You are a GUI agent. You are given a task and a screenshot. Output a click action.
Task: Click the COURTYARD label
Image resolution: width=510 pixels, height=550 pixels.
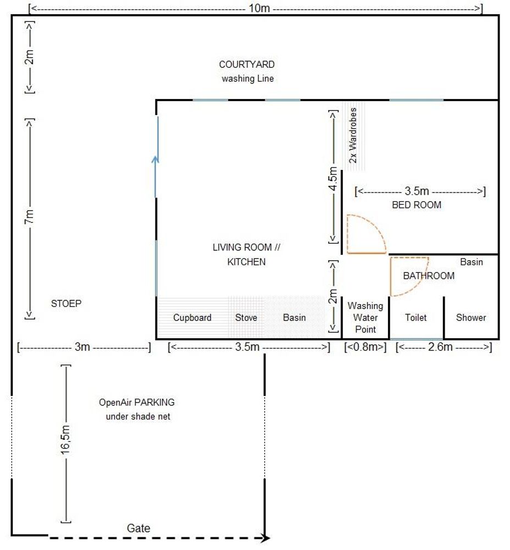click(247, 64)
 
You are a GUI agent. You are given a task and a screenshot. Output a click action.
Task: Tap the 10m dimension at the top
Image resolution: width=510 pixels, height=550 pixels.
click(259, 8)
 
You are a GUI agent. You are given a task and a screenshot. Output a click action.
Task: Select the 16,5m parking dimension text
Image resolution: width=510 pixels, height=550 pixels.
click(65, 440)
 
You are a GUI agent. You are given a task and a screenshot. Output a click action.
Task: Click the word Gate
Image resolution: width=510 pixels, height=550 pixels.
click(138, 528)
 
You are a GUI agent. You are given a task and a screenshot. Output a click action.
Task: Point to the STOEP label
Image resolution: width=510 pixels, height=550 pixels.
click(66, 304)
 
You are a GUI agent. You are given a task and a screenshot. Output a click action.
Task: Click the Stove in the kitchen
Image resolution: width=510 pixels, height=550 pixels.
click(246, 317)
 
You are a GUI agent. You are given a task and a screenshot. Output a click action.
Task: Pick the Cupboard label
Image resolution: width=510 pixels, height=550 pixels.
click(192, 318)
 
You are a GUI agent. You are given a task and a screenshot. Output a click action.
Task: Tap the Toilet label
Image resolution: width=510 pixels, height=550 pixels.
click(415, 317)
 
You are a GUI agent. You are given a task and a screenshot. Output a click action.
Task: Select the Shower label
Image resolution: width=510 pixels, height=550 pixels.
click(471, 317)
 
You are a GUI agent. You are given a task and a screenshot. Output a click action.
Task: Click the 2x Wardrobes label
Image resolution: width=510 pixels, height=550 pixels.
click(353, 135)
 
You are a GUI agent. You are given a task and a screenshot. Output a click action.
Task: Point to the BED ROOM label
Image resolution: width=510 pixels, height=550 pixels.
click(417, 205)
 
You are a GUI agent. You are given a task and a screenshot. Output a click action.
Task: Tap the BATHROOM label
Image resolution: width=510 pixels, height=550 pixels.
click(429, 276)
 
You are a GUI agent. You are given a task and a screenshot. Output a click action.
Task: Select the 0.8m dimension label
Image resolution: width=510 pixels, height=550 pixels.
click(365, 347)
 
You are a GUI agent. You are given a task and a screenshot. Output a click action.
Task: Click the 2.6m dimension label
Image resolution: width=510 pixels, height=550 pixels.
click(440, 347)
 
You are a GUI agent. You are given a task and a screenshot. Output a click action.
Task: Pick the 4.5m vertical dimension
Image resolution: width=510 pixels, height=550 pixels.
click(333, 179)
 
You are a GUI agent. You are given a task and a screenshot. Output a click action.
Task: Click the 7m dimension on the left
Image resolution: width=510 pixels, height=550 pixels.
click(30, 217)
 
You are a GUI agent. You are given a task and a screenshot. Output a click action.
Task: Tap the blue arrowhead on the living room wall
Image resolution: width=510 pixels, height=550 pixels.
click(156, 160)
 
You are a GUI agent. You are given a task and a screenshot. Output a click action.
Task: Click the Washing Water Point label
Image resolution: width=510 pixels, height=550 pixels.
click(365, 317)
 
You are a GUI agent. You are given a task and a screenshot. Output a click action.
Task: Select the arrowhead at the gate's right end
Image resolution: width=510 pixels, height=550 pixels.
click(267, 538)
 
